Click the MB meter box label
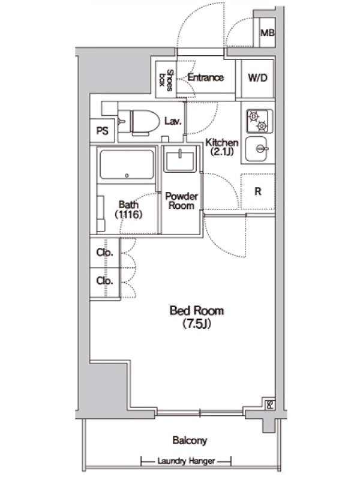coord(267,32)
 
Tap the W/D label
coord(258,78)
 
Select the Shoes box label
coord(166,80)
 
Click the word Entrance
coord(205,77)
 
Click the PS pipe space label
coord(102,131)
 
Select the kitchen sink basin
coord(256,149)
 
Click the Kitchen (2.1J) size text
coord(222,146)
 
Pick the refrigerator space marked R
coord(258,191)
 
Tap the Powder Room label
coord(182,200)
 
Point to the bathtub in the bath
coord(127,164)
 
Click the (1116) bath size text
coord(128,215)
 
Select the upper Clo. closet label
coord(104,253)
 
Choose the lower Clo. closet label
coord(104,281)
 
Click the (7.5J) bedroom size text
coord(197,323)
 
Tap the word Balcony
coord(190,440)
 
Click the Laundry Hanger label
coord(186,461)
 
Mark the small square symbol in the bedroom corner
coord(269,404)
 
